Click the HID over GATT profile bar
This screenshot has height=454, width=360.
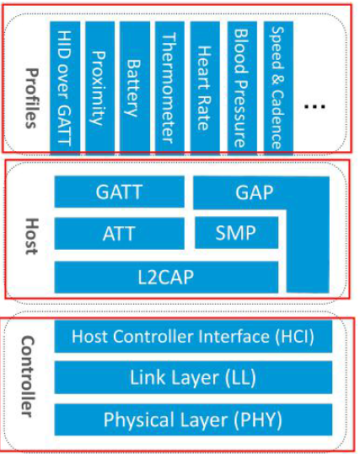pyautogui.click(x=63, y=84)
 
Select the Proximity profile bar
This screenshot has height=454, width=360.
pyautogui.click(x=99, y=84)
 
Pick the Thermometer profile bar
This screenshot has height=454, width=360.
pyautogui.click(x=169, y=84)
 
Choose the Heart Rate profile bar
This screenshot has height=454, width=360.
pyautogui.click(x=204, y=84)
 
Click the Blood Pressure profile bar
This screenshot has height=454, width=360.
pyautogui.click(x=240, y=84)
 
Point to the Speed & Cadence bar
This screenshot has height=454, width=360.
pyautogui.click(x=277, y=84)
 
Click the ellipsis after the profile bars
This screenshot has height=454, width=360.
pyautogui.click(x=314, y=107)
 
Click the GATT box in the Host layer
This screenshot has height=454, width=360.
pyautogui.click(x=120, y=192)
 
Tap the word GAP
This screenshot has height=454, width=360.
pyautogui.click(x=254, y=192)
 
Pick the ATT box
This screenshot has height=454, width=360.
pyautogui.click(x=120, y=233)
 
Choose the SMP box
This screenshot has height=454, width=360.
pyautogui.click(x=236, y=233)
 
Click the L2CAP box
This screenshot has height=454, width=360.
pyautogui.click(x=166, y=276)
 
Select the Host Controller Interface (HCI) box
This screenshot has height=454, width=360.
pyautogui.click(x=193, y=338)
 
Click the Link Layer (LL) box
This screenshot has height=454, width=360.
pyautogui.click(x=193, y=377)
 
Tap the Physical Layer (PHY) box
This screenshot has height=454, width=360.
pyautogui.click(x=193, y=419)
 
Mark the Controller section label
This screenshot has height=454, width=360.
pyautogui.click(x=29, y=377)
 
